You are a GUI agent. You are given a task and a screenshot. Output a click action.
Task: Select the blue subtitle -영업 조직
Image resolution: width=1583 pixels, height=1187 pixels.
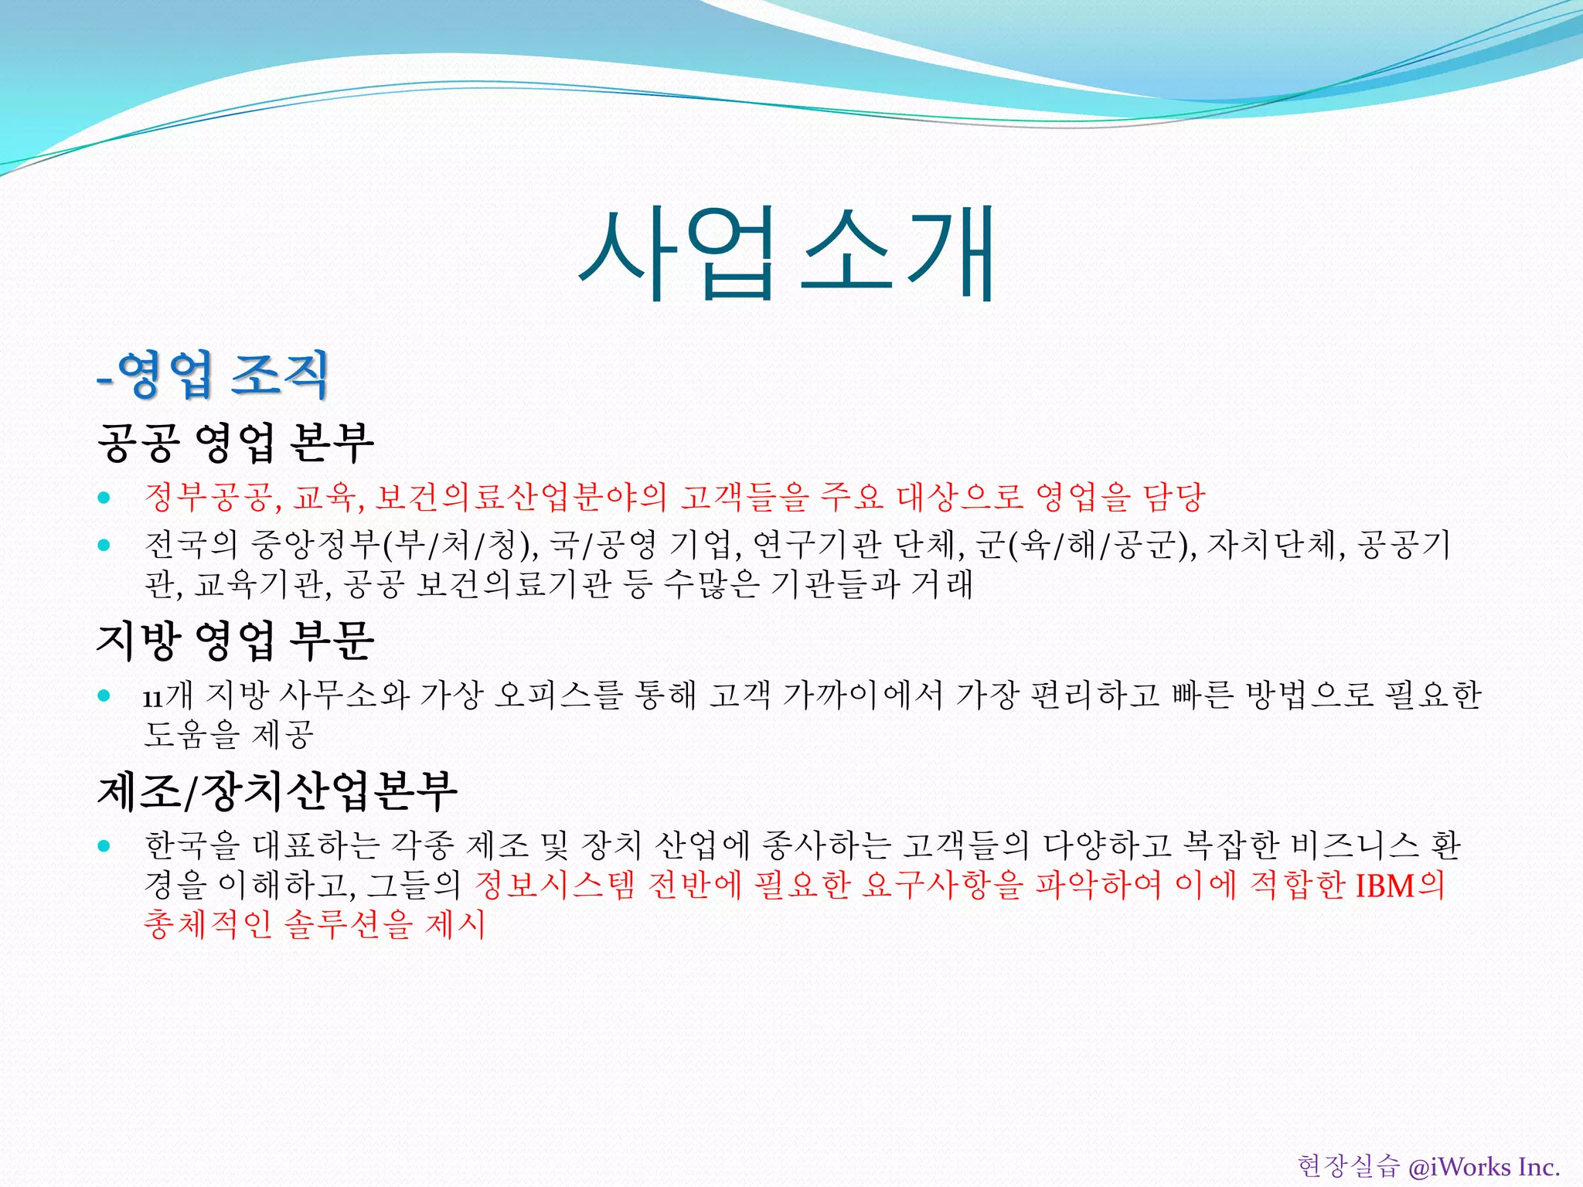tap(213, 375)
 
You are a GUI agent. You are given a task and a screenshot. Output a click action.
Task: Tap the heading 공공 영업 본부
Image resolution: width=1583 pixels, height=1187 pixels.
tap(236, 443)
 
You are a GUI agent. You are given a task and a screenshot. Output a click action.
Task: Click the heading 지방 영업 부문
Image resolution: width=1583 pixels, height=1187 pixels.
tap(236, 641)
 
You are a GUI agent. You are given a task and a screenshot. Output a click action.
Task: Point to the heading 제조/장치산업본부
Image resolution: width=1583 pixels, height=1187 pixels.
tap(277, 791)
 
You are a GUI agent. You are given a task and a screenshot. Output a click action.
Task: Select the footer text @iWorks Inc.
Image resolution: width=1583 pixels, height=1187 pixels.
tap(1483, 1166)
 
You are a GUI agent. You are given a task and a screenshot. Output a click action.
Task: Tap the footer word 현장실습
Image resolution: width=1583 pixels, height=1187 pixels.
tap(1348, 1166)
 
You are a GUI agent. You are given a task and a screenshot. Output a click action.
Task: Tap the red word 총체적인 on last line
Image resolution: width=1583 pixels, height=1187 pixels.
tap(208, 923)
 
